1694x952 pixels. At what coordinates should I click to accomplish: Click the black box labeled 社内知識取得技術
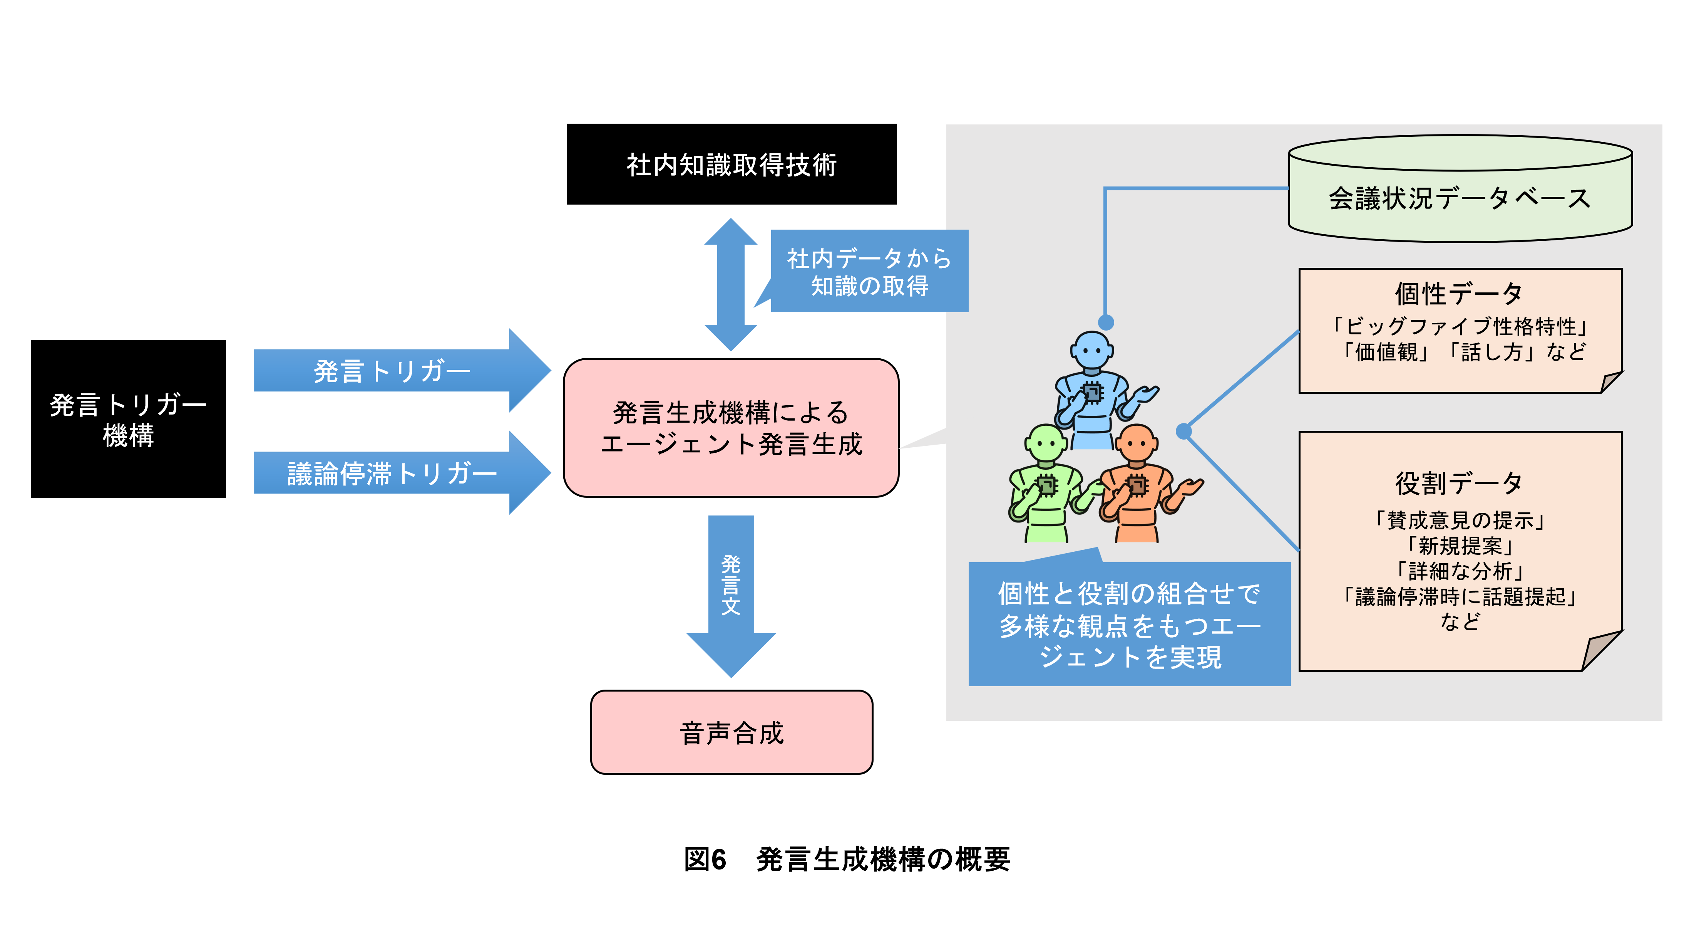pos(731,165)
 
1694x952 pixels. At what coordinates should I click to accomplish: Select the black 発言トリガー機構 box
pos(128,419)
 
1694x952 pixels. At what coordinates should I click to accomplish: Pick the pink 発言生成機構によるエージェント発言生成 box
pos(731,428)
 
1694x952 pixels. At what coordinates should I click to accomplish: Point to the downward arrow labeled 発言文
pos(731,586)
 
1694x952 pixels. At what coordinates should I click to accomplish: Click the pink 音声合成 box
pos(731,732)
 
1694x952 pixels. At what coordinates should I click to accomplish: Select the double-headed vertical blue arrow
pos(731,284)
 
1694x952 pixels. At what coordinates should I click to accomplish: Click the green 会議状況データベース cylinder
pos(1460,197)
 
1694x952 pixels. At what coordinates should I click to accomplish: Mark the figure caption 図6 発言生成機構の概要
pos(847,859)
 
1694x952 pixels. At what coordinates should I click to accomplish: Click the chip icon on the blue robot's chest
pos(1092,393)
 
